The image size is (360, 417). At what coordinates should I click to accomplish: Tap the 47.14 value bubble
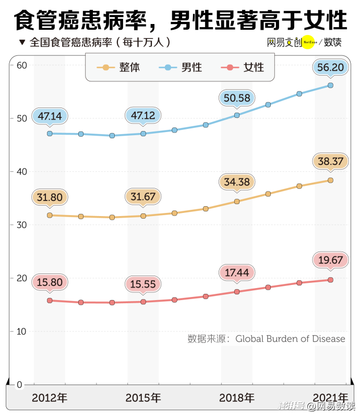click(x=49, y=116)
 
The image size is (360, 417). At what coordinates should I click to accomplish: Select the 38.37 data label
click(x=330, y=162)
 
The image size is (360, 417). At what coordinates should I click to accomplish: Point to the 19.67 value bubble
click(x=330, y=260)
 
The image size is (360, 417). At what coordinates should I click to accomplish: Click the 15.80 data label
click(x=49, y=282)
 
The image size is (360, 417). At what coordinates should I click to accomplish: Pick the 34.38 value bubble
click(x=237, y=183)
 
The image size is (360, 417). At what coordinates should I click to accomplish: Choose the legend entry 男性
click(x=185, y=67)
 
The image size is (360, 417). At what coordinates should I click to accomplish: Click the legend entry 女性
click(x=247, y=67)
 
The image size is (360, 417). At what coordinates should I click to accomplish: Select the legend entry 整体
click(x=123, y=67)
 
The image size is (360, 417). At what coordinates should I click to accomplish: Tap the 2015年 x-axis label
click(x=143, y=398)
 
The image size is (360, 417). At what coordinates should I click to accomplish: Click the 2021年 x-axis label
click(x=331, y=398)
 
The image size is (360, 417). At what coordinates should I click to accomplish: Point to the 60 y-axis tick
click(x=21, y=65)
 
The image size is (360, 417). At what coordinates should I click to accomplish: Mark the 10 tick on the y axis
click(x=21, y=331)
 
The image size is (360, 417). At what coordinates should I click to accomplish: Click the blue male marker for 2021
click(x=330, y=85)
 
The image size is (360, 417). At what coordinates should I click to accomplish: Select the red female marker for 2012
click(x=50, y=301)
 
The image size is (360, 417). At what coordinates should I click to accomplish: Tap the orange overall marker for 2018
click(x=237, y=201)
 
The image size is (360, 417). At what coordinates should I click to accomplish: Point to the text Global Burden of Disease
click(x=290, y=339)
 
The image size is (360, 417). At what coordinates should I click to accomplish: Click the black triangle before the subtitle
click(x=21, y=42)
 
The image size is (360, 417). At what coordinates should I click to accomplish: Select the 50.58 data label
click(x=237, y=98)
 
